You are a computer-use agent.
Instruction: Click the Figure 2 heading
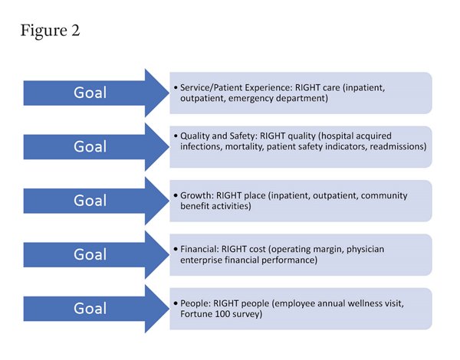click(50, 31)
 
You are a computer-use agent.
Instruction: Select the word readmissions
click(398, 146)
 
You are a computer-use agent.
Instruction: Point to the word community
click(384, 196)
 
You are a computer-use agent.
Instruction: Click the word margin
click(328, 250)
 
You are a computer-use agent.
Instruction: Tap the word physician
click(365, 250)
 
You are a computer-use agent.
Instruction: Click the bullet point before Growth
click(176, 195)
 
